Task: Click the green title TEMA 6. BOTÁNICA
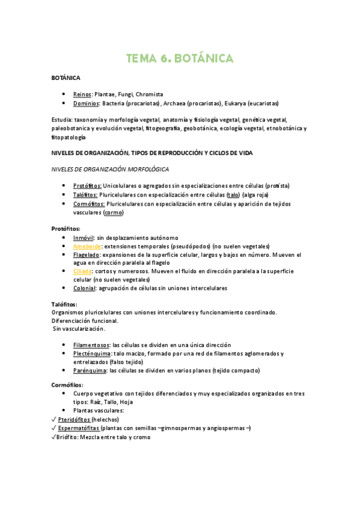point(180,58)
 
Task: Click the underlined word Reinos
point(82,94)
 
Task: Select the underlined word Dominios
point(86,103)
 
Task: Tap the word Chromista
point(149,94)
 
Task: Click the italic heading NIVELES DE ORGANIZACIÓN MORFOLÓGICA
point(110,170)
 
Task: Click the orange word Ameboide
point(87,247)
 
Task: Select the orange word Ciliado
point(82,271)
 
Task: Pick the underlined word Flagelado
point(87,255)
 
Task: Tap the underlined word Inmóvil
point(84,238)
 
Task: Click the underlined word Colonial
point(84,288)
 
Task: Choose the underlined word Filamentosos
point(91,345)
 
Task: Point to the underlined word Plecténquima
point(91,354)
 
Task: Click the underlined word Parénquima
point(90,370)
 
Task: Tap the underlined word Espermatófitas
point(79,428)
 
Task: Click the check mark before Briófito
point(54,437)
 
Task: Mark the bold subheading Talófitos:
point(64,304)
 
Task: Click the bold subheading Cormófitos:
point(67,384)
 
